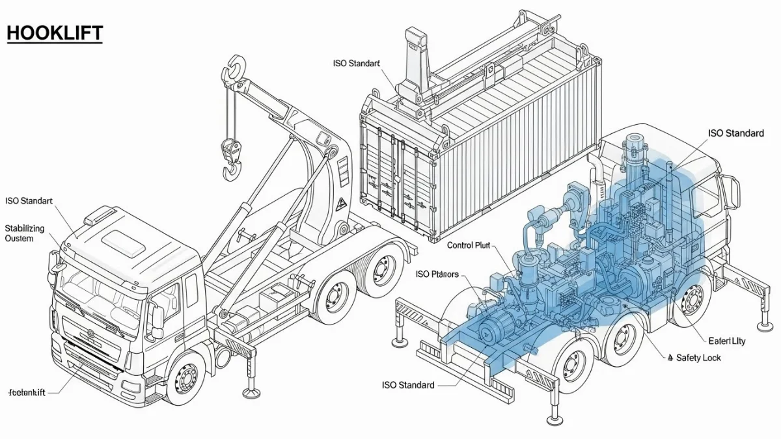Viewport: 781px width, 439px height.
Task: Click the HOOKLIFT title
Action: [x=55, y=33]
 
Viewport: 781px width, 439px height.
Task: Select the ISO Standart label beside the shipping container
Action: [x=356, y=63]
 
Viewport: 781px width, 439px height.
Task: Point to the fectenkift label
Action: [x=29, y=392]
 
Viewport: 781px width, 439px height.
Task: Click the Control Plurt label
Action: [x=469, y=245]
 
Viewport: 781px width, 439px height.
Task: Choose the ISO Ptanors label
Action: [x=437, y=274]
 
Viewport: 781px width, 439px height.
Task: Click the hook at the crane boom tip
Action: [x=236, y=68]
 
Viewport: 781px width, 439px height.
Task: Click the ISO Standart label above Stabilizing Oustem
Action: [x=29, y=202]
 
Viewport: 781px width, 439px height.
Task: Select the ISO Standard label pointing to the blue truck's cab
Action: [x=735, y=133]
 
